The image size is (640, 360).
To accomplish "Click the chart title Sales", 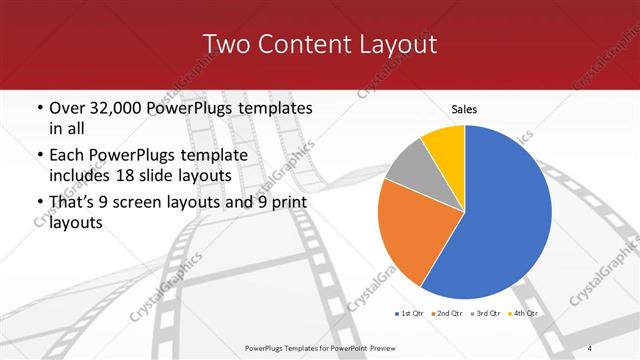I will (464, 107).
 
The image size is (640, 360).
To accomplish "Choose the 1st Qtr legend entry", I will (410, 314).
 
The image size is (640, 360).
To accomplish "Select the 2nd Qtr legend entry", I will (447, 314).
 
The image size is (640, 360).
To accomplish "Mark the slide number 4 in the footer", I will (590, 347).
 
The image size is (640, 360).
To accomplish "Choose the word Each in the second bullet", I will (68, 156).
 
